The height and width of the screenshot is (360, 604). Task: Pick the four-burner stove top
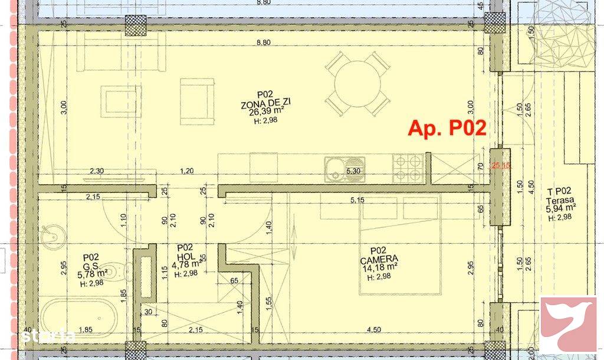pyautogui.click(x=408, y=167)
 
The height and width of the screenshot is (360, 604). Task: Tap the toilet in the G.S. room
pyautogui.click(x=123, y=271)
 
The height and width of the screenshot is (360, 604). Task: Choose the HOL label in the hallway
pyautogui.click(x=185, y=256)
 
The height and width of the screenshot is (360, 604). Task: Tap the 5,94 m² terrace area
pyautogui.click(x=560, y=208)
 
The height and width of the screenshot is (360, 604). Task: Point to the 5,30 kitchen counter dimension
pyautogui.click(x=353, y=171)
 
